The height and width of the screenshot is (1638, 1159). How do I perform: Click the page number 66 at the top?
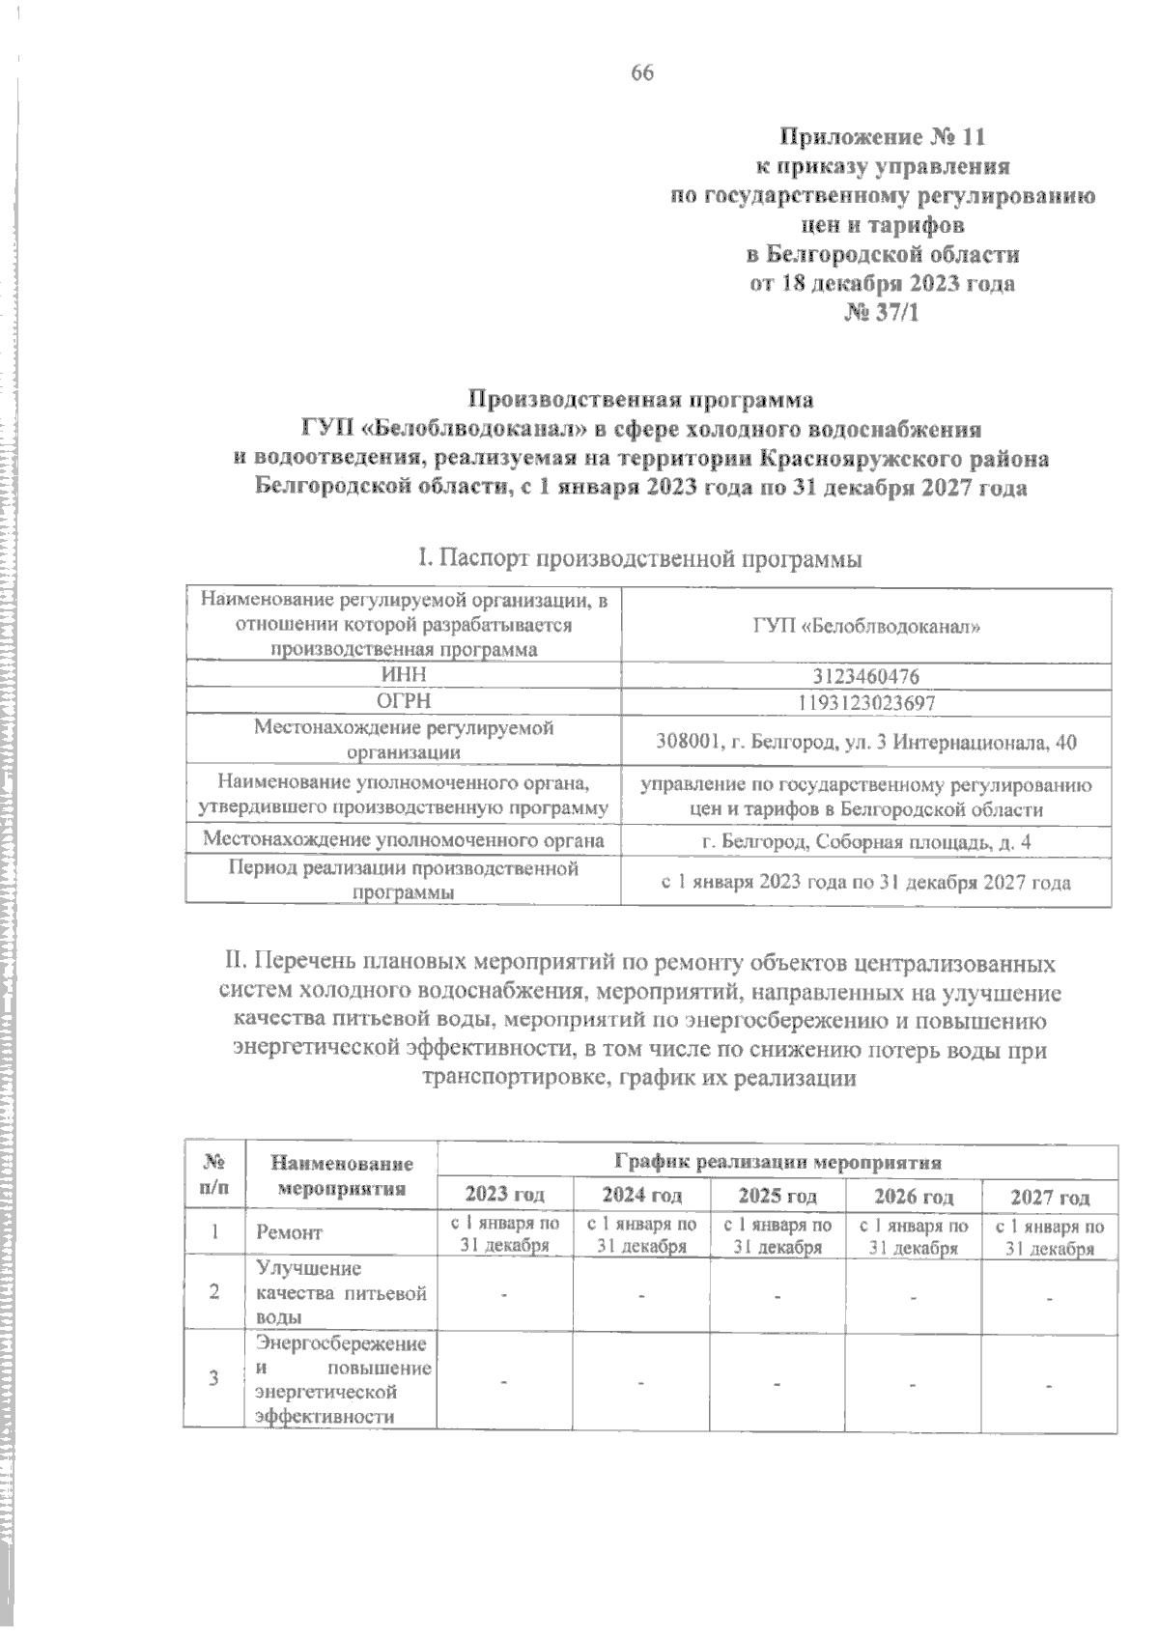(642, 73)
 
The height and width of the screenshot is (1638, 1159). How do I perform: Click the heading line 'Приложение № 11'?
(883, 136)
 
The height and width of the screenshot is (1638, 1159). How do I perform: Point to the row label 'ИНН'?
(404, 675)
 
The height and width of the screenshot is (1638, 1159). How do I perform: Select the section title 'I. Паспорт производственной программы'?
(638, 558)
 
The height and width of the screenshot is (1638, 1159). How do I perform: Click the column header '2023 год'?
(504, 1196)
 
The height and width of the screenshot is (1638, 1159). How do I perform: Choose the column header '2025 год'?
(777, 1196)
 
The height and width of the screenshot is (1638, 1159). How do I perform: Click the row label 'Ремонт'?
(289, 1232)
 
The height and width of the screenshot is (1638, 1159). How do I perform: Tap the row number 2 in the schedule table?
(213, 1292)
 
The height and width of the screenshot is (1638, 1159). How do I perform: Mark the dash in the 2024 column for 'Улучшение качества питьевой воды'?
(640, 1294)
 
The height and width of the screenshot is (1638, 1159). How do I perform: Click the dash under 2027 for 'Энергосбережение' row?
(1050, 1386)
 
